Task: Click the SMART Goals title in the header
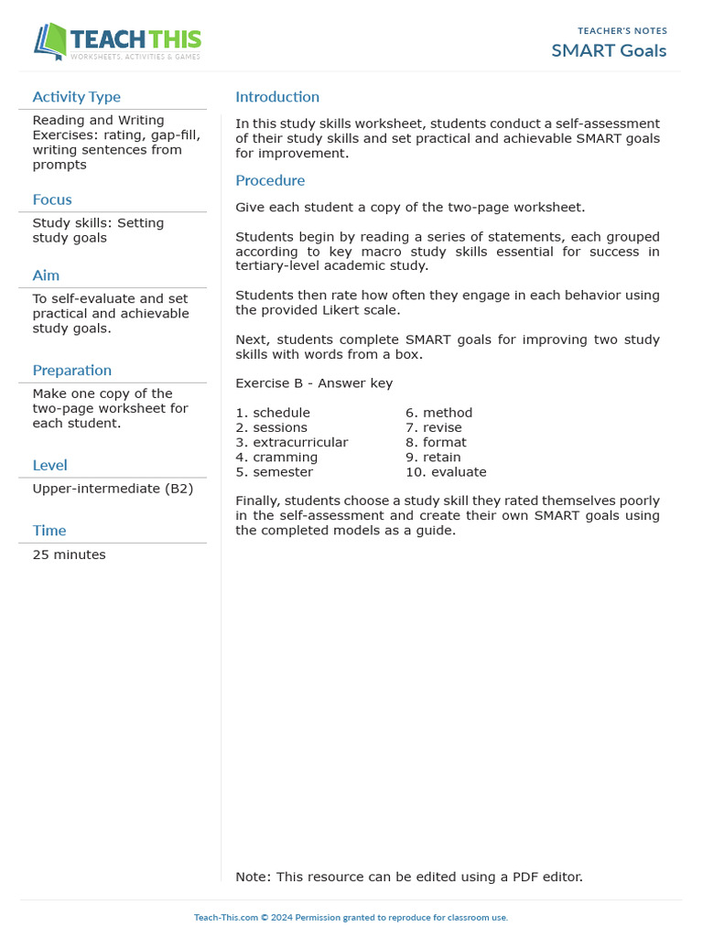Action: click(x=609, y=50)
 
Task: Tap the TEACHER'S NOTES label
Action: click(x=622, y=31)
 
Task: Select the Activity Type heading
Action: click(x=76, y=97)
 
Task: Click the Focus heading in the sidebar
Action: click(x=52, y=199)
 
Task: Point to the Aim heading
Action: click(x=46, y=275)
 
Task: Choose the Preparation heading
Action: click(x=71, y=371)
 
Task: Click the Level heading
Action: click(x=49, y=465)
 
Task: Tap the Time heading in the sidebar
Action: click(x=49, y=531)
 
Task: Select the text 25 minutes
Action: click(x=69, y=555)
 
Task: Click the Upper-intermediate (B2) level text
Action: click(x=113, y=489)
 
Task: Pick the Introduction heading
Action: click(x=277, y=97)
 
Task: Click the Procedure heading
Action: click(x=270, y=180)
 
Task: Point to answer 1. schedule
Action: click(x=273, y=413)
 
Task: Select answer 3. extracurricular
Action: click(x=291, y=442)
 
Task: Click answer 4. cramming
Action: click(x=276, y=457)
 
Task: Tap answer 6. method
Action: click(x=439, y=413)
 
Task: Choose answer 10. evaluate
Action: click(x=446, y=472)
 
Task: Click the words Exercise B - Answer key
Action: click(x=314, y=383)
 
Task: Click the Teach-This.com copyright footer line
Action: click(x=351, y=917)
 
